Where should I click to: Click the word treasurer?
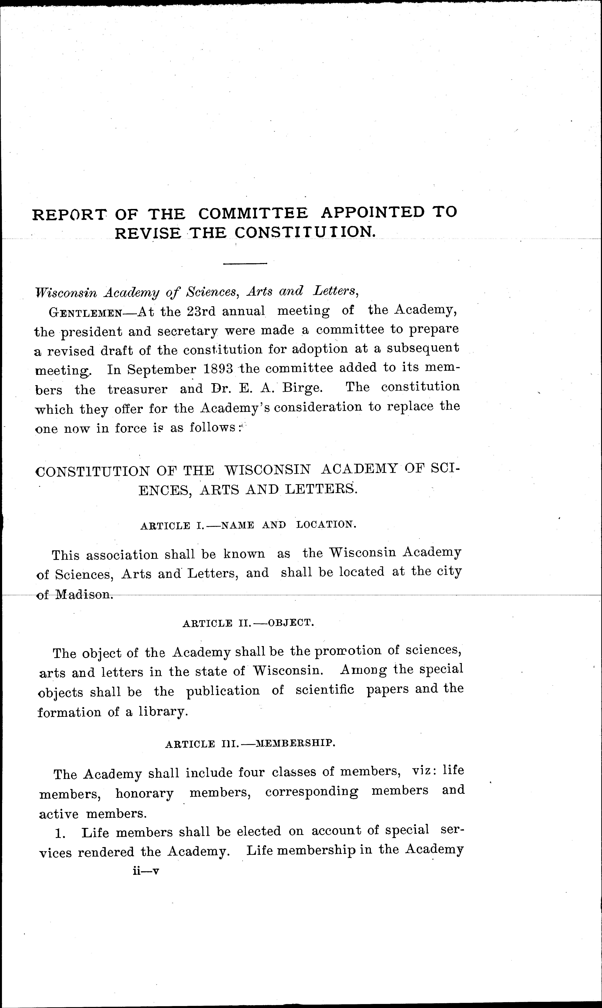point(138,390)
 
